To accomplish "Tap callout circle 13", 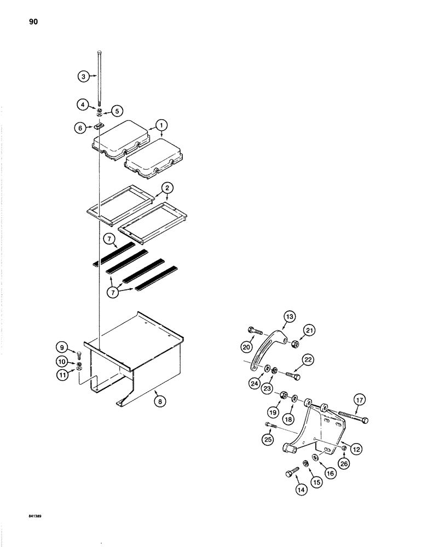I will pyautogui.click(x=289, y=317).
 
